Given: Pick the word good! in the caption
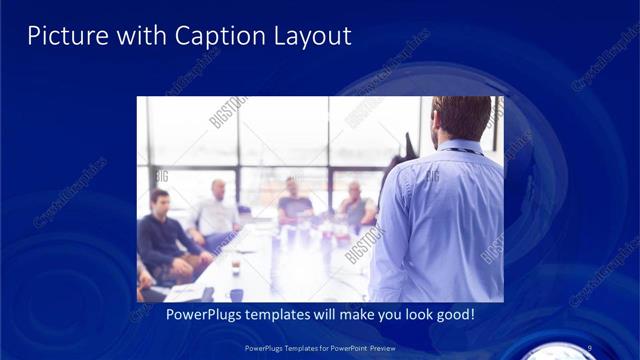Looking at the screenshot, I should coord(451,315).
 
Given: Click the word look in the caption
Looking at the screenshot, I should coord(403,315).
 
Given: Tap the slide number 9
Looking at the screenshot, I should coord(590,347).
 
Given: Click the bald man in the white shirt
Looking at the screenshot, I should coord(216,210).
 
